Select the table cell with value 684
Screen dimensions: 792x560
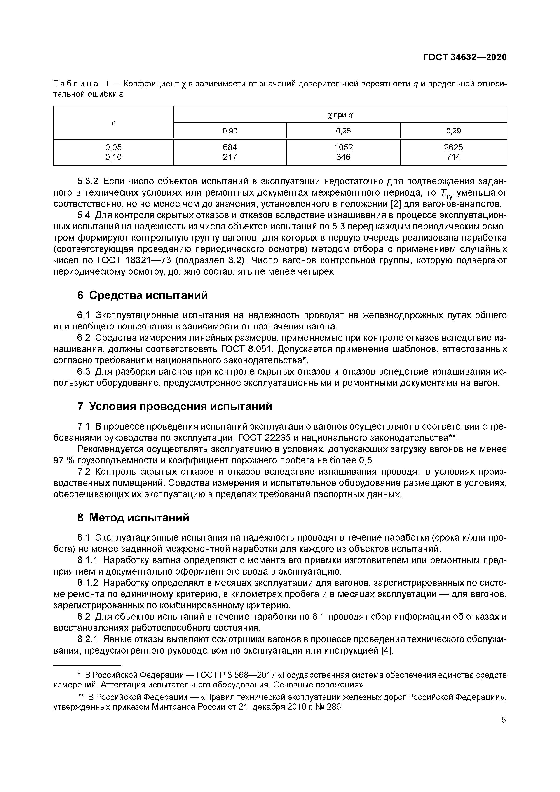(230, 147)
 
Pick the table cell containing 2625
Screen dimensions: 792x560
(453, 147)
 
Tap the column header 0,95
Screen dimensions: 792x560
(343, 131)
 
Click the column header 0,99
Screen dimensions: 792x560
(453, 131)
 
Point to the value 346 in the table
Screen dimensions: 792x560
(343, 157)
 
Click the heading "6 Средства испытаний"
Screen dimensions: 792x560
(143, 295)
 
